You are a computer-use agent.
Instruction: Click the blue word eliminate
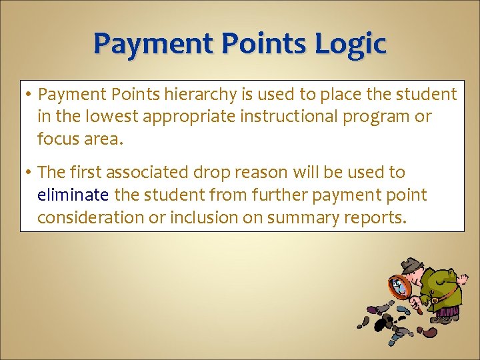point(73,195)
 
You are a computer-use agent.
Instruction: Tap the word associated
point(149,173)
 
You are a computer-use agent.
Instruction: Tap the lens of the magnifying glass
point(398,285)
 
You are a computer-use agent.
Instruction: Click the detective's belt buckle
point(434,300)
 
